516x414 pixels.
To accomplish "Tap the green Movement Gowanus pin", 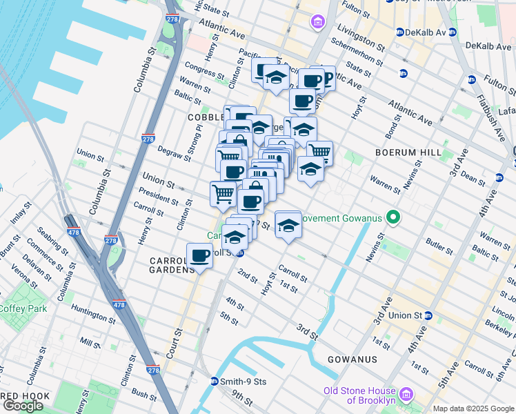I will pyautogui.click(x=393, y=219).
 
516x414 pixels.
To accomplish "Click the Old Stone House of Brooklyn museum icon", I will pyautogui.click(x=406, y=395).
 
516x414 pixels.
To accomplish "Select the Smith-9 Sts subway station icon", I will pyautogui.click(x=215, y=381).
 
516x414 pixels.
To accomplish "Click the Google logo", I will pyautogui.click(x=23, y=406).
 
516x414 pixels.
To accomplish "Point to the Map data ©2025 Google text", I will pyautogui.click(x=473, y=408).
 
